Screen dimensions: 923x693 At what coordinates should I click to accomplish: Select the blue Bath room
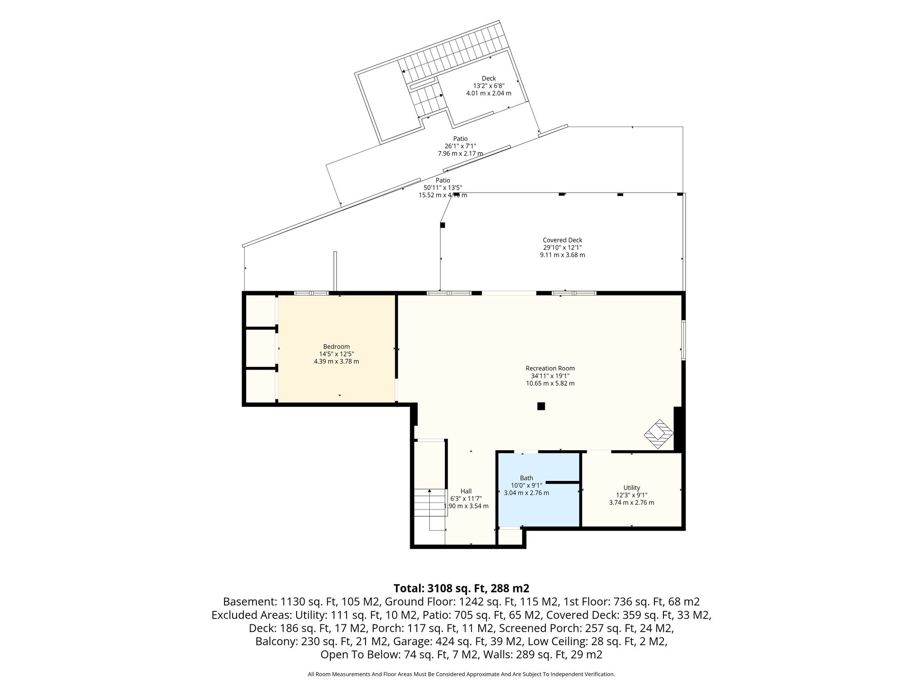click(x=538, y=490)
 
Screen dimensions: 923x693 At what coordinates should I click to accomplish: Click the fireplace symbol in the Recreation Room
click(x=658, y=434)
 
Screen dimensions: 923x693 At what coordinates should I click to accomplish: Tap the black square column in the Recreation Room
click(x=541, y=406)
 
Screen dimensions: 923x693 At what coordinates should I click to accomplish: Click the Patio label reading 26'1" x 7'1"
click(x=460, y=146)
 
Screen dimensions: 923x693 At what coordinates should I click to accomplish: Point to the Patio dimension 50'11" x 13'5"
click(x=443, y=188)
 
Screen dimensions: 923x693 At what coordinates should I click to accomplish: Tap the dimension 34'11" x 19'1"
click(x=550, y=376)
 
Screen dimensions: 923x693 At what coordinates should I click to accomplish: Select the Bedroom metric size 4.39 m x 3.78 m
click(x=336, y=361)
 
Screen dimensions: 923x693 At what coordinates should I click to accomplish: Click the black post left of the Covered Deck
click(x=443, y=225)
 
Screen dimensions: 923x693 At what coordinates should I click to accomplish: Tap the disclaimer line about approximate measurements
click(x=461, y=674)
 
